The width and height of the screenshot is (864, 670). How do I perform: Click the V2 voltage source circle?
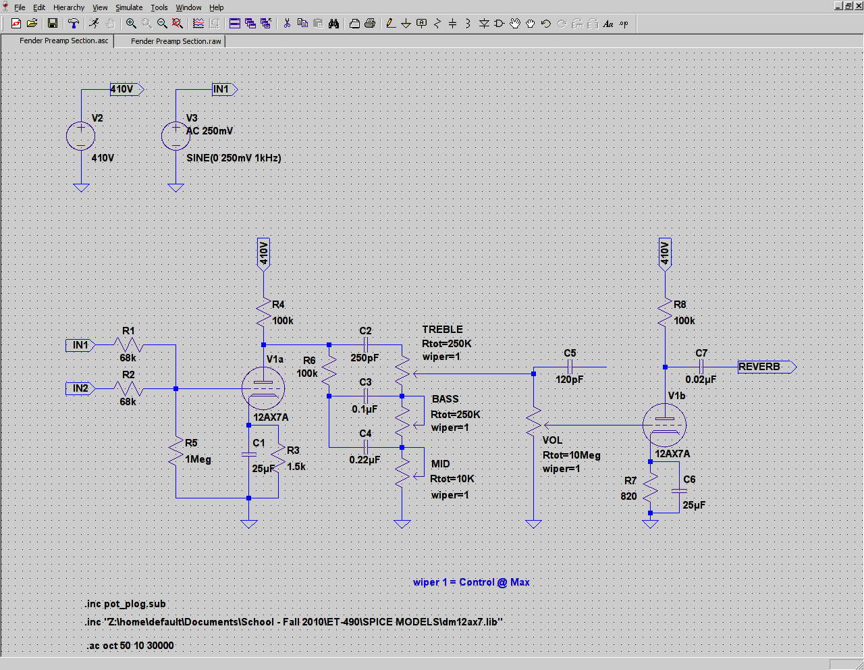tap(80, 136)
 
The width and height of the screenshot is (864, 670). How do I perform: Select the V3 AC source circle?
tap(175, 136)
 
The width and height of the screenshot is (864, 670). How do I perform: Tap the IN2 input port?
tap(80, 388)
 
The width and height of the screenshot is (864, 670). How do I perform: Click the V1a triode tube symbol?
tap(263, 388)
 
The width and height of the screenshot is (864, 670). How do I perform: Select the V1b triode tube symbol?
tap(664, 425)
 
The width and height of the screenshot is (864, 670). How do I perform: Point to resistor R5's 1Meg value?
tap(198, 459)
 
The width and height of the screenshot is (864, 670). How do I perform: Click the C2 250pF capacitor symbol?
tap(366, 345)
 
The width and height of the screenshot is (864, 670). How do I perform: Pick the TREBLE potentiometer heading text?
tap(442, 330)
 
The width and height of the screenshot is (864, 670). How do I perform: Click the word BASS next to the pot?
tap(445, 399)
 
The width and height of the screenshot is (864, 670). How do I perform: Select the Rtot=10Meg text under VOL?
tap(571, 455)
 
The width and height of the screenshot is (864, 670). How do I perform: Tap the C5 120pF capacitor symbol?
tap(570, 367)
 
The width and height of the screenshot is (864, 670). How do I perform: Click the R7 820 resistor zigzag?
tap(650, 487)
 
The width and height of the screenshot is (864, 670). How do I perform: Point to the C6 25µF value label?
tap(694, 505)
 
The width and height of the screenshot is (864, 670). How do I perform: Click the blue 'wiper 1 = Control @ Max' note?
tap(471, 582)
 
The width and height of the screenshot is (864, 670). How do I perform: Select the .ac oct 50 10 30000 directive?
tap(130, 646)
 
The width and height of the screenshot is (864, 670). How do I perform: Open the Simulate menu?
tap(129, 7)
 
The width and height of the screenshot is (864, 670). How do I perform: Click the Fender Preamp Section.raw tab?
tap(175, 41)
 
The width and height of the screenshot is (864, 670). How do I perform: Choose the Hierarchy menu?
tap(69, 7)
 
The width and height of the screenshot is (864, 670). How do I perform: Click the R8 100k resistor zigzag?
tap(665, 312)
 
